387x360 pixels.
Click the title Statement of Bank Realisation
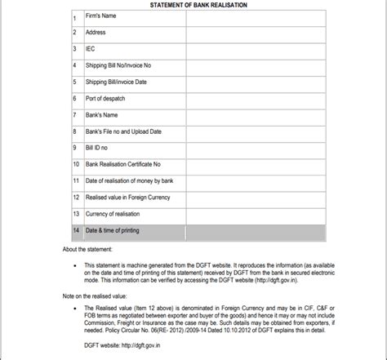coord(199,5)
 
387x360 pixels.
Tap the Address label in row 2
coord(96,32)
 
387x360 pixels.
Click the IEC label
coord(91,48)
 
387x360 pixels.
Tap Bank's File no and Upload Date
coord(123,131)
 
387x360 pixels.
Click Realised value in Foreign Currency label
coord(127,197)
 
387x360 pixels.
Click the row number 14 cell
coord(75,230)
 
